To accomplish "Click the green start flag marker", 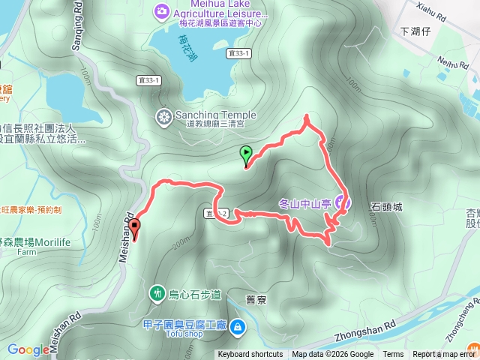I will [246, 155].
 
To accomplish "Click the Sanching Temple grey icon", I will [163, 116].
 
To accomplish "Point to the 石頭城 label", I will [387, 206].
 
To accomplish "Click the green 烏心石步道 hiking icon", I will [157, 293].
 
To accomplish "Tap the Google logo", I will [28, 349].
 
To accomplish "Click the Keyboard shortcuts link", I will [250, 355].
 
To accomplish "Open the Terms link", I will [393, 355].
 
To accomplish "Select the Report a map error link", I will [446, 355].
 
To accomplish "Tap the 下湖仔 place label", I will [417, 31].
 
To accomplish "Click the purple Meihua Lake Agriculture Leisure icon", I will [161, 10].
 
